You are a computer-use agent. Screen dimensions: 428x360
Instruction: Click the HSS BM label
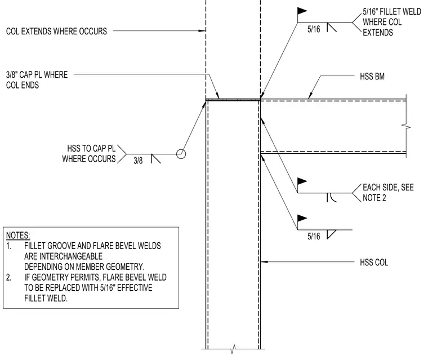(372, 77)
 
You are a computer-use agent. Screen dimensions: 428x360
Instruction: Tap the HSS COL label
(374, 263)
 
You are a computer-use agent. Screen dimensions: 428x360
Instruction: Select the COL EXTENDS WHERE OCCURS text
(56, 31)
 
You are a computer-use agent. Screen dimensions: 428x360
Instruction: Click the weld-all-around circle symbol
(181, 154)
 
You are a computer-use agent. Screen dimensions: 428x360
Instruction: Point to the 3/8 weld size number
(138, 161)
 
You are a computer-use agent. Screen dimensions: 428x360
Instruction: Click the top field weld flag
(302, 11)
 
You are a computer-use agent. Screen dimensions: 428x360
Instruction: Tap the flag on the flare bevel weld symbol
(302, 181)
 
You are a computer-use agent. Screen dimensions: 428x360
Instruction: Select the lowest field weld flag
(302, 218)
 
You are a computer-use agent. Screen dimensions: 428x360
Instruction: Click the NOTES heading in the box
(18, 235)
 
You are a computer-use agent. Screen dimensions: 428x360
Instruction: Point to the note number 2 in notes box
(9, 277)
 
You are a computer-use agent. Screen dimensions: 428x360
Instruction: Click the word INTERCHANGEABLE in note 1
(63, 256)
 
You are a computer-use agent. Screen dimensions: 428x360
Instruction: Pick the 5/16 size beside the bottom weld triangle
(314, 236)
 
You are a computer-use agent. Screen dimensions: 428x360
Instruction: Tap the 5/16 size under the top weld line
(314, 29)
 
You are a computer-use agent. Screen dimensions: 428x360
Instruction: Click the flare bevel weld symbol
(331, 198)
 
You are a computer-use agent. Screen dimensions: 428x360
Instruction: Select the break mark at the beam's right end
(406, 126)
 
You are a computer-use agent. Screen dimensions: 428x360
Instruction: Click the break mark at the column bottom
(233, 349)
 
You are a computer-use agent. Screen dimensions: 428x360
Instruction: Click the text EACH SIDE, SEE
(388, 188)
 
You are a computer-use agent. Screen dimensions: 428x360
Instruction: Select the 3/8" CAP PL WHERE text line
(37, 74)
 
